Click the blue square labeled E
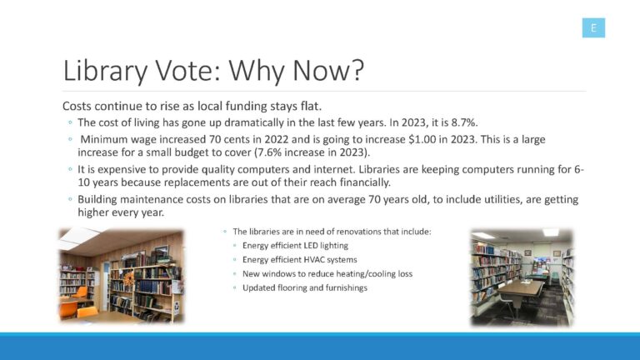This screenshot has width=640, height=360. tap(593, 27)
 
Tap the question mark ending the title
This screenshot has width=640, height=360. tap(356, 70)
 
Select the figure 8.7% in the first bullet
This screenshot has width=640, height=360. tap(464, 122)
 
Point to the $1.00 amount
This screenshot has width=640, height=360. tap(422, 139)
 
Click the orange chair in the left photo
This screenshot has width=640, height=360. tap(80, 292)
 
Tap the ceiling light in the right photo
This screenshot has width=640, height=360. tap(550, 232)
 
